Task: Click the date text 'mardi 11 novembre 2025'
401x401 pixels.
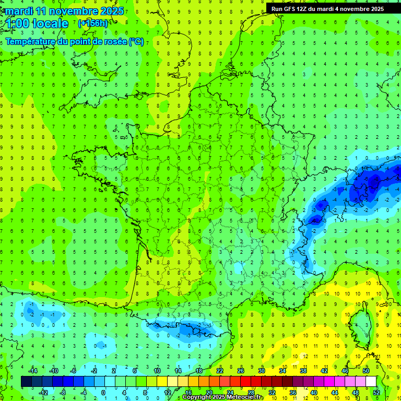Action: click(x=65, y=10)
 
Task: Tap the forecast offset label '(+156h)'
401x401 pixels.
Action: click(x=92, y=23)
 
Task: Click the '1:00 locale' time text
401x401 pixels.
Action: click(x=38, y=23)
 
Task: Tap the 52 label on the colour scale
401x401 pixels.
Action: click(x=376, y=392)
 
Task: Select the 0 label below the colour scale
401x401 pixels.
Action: click(x=104, y=392)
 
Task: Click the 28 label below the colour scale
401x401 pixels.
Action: click(x=251, y=392)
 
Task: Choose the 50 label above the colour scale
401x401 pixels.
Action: click(x=366, y=371)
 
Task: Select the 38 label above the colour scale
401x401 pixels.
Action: click(x=303, y=371)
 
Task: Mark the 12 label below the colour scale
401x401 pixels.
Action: click(x=167, y=392)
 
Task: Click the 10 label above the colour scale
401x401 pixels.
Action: click(x=157, y=371)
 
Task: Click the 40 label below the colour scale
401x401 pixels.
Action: click(x=314, y=392)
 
